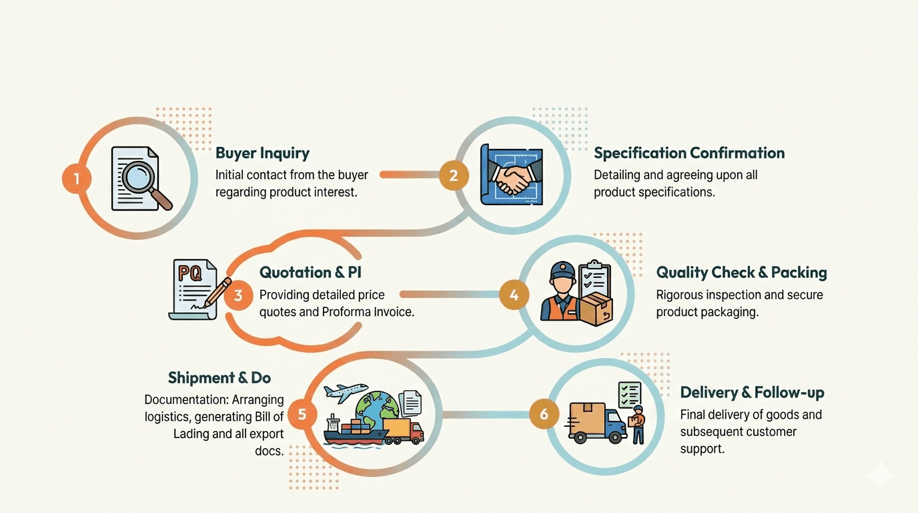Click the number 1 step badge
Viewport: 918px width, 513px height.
(77, 178)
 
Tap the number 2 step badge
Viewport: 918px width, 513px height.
(454, 176)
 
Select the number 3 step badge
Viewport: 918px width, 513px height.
(238, 295)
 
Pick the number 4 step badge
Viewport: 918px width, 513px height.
(514, 295)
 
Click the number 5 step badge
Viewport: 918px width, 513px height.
(302, 414)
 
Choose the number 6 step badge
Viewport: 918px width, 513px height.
(544, 414)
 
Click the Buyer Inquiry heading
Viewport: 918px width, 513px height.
(263, 154)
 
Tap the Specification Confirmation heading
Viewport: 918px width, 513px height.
(689, 153)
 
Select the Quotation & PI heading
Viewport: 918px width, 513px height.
(310, 273)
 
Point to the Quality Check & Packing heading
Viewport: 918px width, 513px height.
(741, 273)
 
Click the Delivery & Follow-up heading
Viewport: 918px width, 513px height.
(752, 392)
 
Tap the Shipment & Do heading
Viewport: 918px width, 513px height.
(219, 377)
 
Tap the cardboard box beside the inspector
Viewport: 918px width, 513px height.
(596, 309)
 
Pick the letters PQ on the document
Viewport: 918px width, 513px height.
(189, 272)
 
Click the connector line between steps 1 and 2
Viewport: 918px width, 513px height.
(410, 175)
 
